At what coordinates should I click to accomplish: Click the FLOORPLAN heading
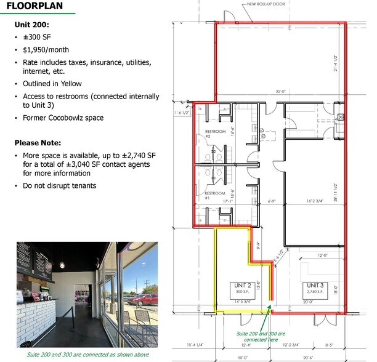click(x=35, y=6)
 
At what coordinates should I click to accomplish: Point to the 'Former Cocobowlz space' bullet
click(x=63, y=118)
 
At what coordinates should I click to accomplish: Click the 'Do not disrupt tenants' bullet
click(x=59, y=185)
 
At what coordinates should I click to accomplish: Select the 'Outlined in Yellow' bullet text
click(x=52, y=84)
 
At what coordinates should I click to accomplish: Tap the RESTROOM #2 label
click(x=214, y=134)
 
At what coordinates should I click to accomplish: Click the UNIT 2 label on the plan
click(x=242, y=285)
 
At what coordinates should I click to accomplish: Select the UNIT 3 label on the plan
click(x=315, y=286)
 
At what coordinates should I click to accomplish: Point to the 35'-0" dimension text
click(x=280, y=91)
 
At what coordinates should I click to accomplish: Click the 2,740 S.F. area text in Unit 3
click(x=315, y=292)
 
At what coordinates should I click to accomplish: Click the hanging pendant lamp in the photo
click(x=63, y=265)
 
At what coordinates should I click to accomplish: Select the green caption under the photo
click(x=87, y=355)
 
